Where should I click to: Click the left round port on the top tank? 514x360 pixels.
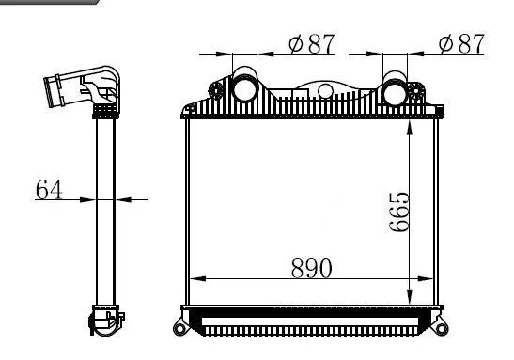coord(245,89)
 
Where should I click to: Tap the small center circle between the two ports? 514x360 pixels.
coord(325,91)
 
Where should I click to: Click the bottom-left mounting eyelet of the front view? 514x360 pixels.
coord(180,328)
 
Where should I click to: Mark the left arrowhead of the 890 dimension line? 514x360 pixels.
coord(195,279)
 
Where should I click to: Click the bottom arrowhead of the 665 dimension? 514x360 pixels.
coord(408,299)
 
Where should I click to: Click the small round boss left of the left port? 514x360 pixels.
coord(220,92)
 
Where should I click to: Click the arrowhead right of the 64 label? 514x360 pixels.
coord(118,199)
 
